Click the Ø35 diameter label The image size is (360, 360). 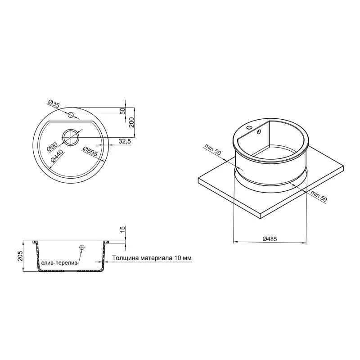tap(54, 104)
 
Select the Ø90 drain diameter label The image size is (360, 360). tap(52, 147)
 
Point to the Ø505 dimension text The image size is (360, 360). tap(90, 152)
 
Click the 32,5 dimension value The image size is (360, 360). tap(125, 141)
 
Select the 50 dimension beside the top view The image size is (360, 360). tap(123, 111)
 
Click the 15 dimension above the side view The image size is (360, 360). tap(123, 229)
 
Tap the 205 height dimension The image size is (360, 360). tap(20, 256)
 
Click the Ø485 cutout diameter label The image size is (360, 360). tap(270, 239)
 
